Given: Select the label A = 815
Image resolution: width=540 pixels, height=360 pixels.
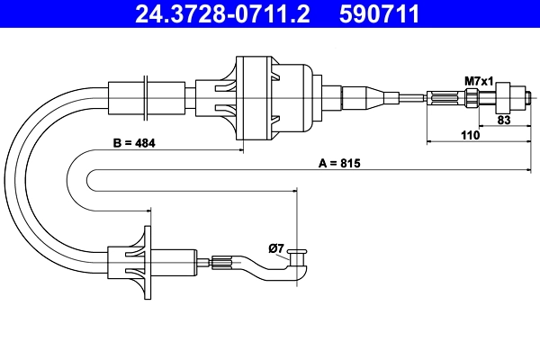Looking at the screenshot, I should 340,163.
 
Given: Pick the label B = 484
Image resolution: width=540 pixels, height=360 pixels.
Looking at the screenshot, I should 133,143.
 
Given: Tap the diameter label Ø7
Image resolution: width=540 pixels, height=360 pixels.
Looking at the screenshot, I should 276,247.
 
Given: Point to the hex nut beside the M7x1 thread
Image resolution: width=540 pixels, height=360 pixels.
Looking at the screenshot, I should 506,95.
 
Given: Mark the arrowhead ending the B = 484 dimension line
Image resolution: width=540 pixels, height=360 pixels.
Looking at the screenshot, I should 242,149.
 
